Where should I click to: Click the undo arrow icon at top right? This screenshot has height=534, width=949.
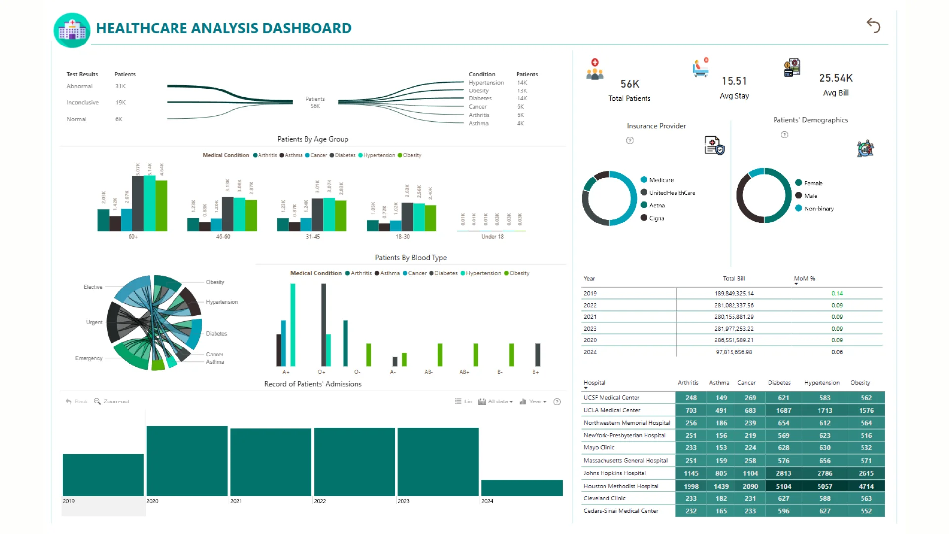873,25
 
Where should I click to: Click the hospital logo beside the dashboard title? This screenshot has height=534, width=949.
72,30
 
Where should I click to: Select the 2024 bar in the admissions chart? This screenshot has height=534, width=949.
522,488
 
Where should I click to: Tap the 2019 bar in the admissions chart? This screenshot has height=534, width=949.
103,475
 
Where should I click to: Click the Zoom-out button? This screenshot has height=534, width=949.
112,401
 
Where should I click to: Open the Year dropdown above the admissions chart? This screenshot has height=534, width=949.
533,401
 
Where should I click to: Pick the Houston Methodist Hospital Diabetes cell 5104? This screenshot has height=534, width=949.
783,486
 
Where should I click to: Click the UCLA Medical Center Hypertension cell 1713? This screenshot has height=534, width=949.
824,410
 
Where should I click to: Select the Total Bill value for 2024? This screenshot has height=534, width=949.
733,352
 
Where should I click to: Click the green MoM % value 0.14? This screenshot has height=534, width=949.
837,293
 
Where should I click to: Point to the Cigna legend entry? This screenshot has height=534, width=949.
656,218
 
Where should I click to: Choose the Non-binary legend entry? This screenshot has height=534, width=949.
819,209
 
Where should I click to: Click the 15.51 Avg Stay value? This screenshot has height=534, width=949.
734,81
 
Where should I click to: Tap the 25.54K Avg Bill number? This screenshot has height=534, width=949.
836,78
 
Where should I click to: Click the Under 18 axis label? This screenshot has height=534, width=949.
492,237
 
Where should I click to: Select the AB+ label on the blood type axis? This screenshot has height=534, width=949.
464,372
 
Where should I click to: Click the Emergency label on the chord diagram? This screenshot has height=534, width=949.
89,358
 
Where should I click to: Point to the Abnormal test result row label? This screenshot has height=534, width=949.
80,86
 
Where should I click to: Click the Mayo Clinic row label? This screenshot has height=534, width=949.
599,448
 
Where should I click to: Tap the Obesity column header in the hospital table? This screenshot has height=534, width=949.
860,383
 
